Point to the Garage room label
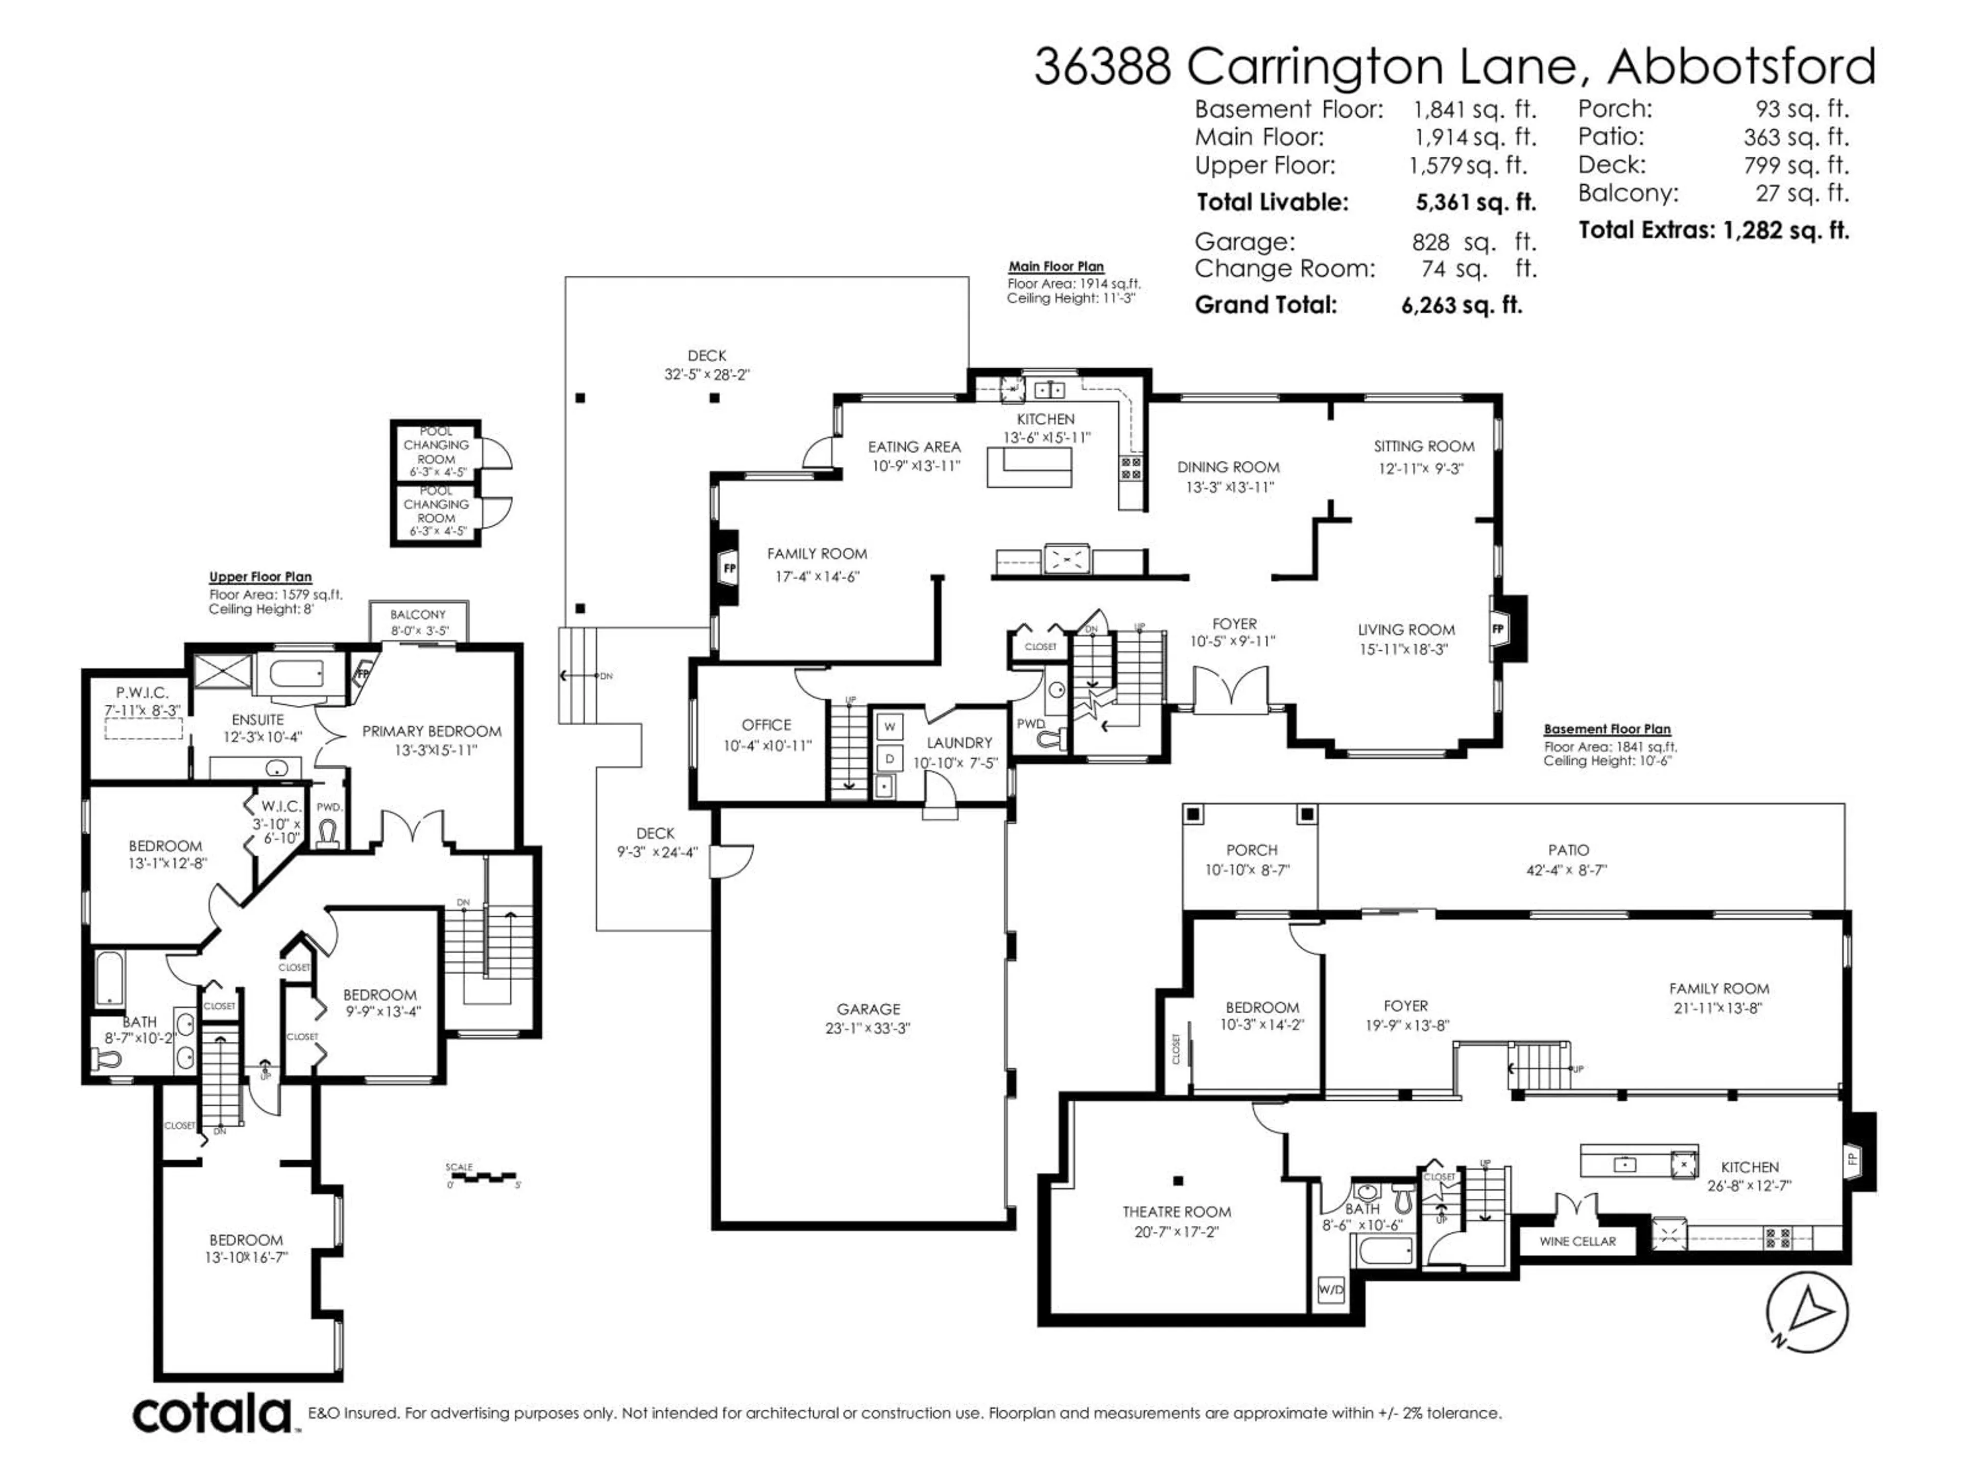point(868,1009)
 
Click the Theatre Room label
point(1177,1211)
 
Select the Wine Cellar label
point(1577,1241)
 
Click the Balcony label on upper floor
point(418,614)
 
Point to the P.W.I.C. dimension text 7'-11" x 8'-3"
point(142,710)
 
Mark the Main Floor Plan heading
point(1056,266)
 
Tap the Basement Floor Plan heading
point(1607,729)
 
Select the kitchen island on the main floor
point(1029,467)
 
